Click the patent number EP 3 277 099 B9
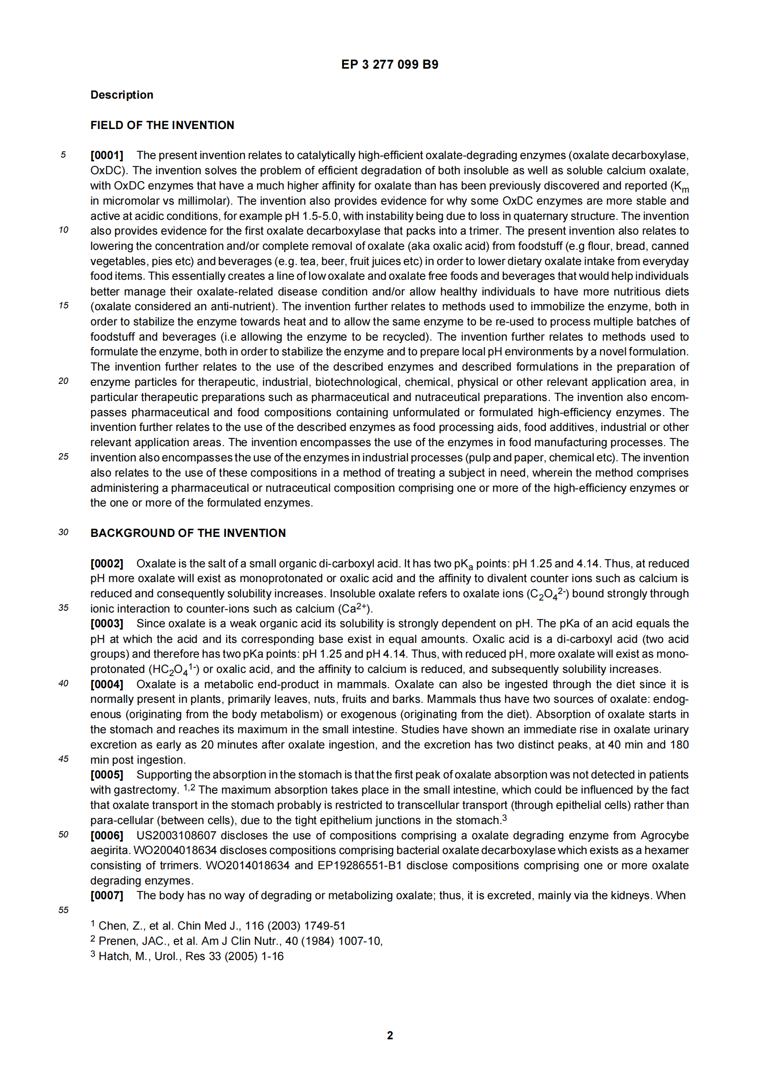[x=389, y=65]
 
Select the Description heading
[x=122, y=95]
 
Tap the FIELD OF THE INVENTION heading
[x=162, y=125]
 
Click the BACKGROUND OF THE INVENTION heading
[x=188, y=533]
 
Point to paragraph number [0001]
[x=106, y=155]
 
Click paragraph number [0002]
[x=106, y=563]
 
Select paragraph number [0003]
[x=106, y=624]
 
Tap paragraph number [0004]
[x=106, y=684]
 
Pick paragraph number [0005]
[x=106, y=775]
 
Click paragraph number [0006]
[x=106, y=835]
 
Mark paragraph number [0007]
[x=106, y=895]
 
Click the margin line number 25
[x=63, y=457]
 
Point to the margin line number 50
[x=63, y=834]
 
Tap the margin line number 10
[x=63, y=230]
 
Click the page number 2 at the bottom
[x=390, y=1035]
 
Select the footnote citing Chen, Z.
[x=219, y=926]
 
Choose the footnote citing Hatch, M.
[x=187, y=956]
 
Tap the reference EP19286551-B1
[x=360, y=866]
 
